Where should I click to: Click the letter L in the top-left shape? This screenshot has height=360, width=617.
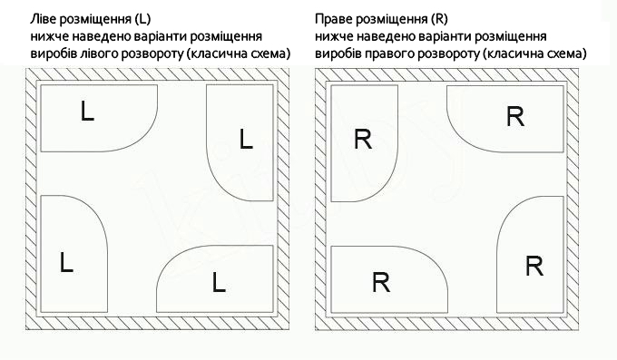(87, 111)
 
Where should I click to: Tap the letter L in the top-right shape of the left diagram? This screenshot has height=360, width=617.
(246, 140)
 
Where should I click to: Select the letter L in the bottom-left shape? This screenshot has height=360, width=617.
(66, 263)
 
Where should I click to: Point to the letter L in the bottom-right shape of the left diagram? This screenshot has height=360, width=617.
(219, 283)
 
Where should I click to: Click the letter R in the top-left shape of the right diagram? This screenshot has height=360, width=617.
(363, 140)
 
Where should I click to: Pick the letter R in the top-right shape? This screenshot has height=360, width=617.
(515, 116)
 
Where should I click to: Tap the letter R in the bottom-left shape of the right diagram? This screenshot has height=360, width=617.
(381, 283)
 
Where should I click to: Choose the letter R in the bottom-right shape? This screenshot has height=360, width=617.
(534, 266)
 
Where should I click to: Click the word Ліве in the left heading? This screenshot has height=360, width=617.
(42, 19)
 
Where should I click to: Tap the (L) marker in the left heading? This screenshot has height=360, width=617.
(142, 19)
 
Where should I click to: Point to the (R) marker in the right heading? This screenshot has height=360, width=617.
(439, 19)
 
